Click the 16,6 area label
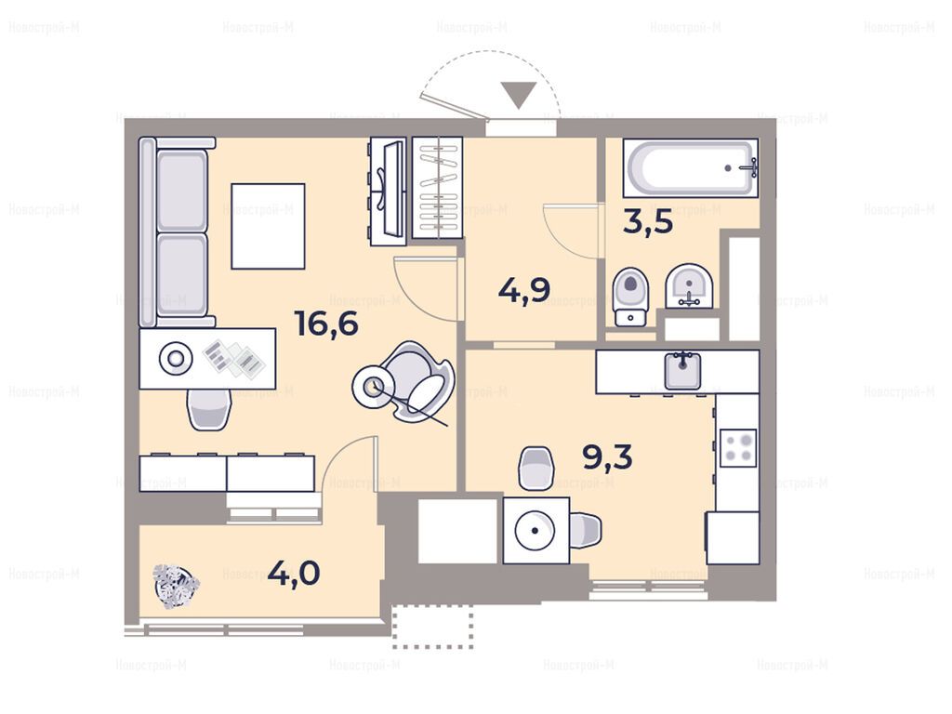pos(326,323)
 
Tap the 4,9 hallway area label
pos(524,290)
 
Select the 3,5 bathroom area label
pos(648,222)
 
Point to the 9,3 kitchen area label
pos(607,456)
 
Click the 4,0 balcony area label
pos(294,573)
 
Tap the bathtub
pos(691,167)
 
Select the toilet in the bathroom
pos(631,297)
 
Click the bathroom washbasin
pos(689,286)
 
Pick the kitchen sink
pos(683,369)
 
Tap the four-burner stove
pos(738,447)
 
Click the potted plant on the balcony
pos(176,586)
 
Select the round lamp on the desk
pos(176,359)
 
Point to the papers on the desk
pos(234,358)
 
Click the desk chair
pos(209,409)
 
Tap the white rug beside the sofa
pos(268,226)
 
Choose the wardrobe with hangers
pos(437,188)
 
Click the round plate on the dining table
pos(535,530)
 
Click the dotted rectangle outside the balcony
pos(433,628)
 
